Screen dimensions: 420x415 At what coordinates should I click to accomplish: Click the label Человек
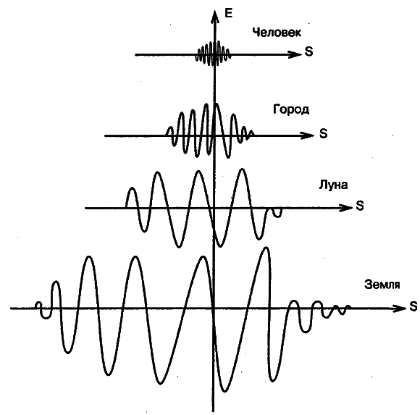(x=277, y=33)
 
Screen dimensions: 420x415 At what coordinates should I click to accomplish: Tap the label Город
(x=291, y=109)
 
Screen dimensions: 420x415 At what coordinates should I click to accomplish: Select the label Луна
(x=333, y=185)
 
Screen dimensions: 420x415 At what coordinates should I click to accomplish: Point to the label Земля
(x=382, y=284)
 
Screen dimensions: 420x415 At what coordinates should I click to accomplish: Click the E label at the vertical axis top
(x=228, y=13)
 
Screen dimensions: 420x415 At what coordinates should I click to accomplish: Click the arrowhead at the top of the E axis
(x=214, y=17)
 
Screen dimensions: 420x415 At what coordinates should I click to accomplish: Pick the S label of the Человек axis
(x=308, y=51)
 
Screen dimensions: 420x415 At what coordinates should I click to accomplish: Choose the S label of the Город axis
(x=324, y=133)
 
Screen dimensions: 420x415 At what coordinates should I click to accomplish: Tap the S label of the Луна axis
(x=360, y=206)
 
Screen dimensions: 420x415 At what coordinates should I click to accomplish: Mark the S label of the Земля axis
(x=413, y=306)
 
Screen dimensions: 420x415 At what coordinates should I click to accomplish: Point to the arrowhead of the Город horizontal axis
(x=307, y=135)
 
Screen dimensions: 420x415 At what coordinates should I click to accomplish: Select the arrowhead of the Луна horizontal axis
(x=345, y=208)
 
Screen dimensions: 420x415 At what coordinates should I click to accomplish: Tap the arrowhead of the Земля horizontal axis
(x=399, y=308)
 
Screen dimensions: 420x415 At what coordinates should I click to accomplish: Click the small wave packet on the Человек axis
(x=213, y=54)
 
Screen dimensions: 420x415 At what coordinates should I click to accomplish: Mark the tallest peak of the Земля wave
(x=266, y=248)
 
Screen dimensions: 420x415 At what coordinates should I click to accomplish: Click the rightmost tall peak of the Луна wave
(x=242, y=169)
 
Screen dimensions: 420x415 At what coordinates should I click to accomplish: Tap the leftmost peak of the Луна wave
(x=133, y=188)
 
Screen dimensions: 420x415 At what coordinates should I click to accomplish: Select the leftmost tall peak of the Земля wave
(x=89, y=257)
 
